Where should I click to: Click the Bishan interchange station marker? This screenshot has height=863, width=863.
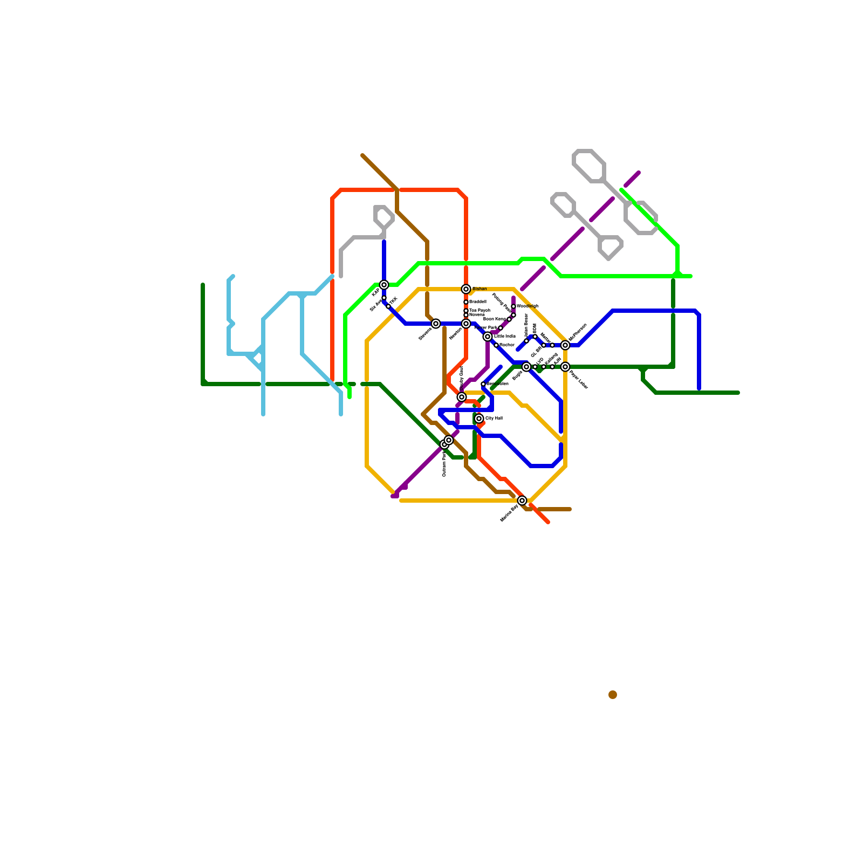coord(466,289)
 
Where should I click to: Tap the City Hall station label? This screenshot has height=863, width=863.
coord(494,419)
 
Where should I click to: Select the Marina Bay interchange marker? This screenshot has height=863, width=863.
coord(522,501)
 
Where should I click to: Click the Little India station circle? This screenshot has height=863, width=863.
coord(488,337)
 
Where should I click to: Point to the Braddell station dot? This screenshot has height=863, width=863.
coord(466,302)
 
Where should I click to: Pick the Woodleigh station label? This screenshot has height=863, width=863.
coord(528,306)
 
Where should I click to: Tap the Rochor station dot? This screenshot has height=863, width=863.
coord(496,345)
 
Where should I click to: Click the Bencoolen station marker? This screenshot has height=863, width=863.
coord(483,384)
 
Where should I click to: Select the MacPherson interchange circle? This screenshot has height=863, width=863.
coord(565,345)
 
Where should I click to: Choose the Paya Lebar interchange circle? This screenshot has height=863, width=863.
coord(565,367)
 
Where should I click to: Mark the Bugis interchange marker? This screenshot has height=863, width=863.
coord(526,367)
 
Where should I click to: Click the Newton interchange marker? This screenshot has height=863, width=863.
coord(466,324)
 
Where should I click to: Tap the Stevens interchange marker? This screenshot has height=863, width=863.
coord(436,324)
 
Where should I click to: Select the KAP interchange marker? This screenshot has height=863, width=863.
coord(384,285)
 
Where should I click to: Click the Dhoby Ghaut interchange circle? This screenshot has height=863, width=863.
coord(462,397)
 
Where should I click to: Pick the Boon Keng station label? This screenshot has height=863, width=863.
coord(495,319)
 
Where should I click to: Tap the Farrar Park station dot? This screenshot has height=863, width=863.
coord(501,328)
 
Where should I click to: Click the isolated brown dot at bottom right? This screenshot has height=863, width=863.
coord(613,695)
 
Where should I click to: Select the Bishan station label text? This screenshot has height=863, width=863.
coord(480,289)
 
